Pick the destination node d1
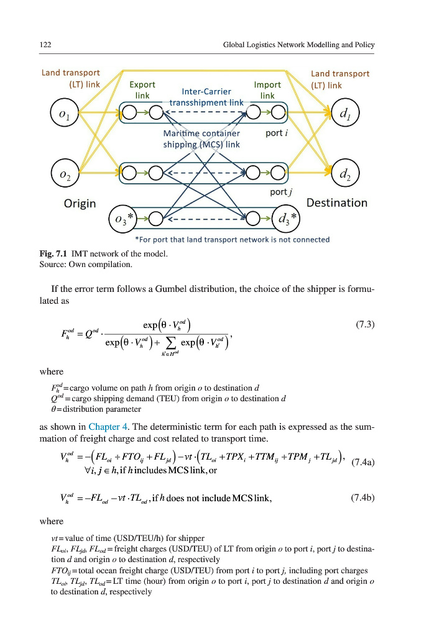343,116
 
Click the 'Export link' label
142,90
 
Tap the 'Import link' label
268,90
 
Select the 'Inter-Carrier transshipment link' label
206,97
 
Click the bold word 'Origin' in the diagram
80,203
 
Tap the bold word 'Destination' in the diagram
336,202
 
